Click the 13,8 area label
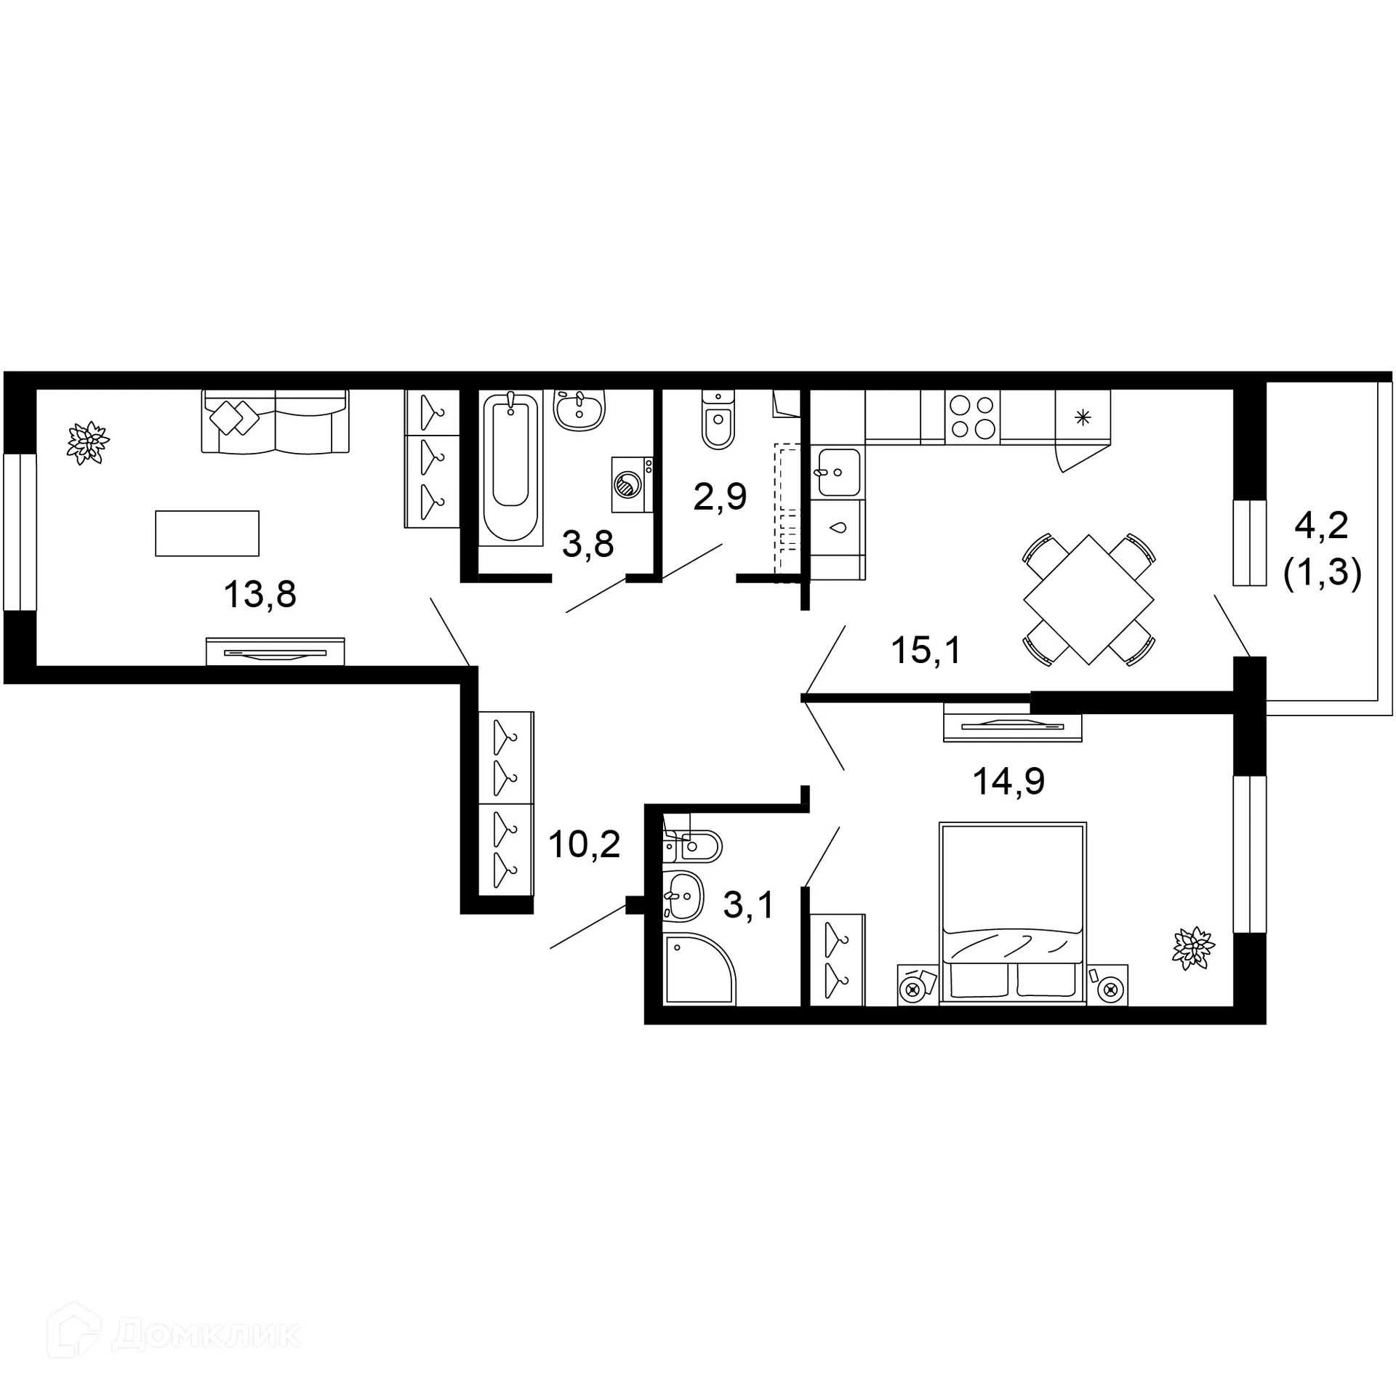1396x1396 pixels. click(260, 595)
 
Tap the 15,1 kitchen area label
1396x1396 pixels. click(926, 650)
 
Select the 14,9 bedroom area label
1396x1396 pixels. click(1008, 782)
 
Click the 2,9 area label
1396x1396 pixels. click(720, 497)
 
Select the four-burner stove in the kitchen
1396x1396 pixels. click(972, 417)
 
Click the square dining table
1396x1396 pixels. click(1088, 600)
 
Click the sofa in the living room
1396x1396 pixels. click(275, 422)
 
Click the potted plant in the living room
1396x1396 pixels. click(88, 441)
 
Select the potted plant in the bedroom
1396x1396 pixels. click(1192, 948)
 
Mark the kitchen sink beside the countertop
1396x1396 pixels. click(838, 472)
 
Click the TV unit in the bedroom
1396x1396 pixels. click(1012, 726)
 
